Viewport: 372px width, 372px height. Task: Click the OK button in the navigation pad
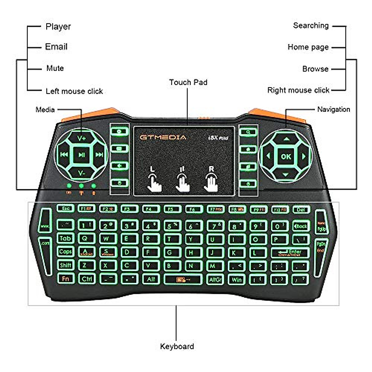click(286, 157)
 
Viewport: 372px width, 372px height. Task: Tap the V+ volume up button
click(82, 138)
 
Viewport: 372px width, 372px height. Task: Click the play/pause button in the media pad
click(82, 155)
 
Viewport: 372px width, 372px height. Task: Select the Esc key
click(65, 209)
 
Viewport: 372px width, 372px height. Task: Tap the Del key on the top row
click(301, 210)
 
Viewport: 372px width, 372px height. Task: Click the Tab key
click(65, 238)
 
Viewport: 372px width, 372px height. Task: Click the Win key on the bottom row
click(237, 280)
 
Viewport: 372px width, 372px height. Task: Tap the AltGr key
click(215, 280)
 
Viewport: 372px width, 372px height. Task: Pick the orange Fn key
click(65, 278)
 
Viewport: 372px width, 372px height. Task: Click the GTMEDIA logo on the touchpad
click(163, 137)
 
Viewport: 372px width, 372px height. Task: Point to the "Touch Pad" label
click(188, 82)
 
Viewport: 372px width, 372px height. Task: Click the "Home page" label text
click(308, 47)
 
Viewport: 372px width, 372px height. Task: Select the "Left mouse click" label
click(74, 91)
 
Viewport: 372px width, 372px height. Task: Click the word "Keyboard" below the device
click(177, 346)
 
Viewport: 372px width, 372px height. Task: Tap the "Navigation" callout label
click(334, 109)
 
